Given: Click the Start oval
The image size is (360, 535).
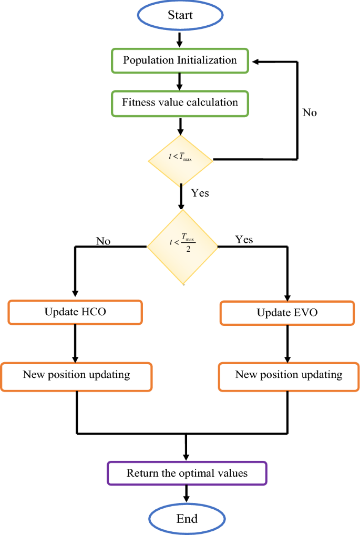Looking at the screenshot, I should coord(180,15).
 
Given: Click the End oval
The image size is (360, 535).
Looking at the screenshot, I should coord(187,519).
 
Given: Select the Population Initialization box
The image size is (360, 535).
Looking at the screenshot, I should coord(180,60).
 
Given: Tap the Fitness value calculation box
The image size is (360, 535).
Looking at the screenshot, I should coord(180,102).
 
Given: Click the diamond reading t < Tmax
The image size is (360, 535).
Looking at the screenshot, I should coord(180,158).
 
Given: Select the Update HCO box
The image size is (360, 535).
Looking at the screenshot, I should coord(75,312).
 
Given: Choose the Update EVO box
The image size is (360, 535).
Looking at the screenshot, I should coord(287,313).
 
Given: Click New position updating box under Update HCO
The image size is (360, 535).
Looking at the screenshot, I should coord(77,375).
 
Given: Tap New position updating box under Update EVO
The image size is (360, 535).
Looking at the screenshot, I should coord(289,375).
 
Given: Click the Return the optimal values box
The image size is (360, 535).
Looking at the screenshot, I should coord(187,473).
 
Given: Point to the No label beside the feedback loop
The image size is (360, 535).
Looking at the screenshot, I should coord(310,112).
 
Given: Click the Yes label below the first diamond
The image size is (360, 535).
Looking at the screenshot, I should coord(200,193).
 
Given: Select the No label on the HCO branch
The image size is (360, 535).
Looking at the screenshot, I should coord(103,241).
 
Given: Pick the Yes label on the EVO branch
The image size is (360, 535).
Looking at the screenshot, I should coord(244,240).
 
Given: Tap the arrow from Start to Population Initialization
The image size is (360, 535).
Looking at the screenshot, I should coord(180,39).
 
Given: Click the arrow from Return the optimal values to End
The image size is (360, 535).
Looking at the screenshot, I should coord(187,494).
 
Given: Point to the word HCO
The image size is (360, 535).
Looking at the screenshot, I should coord(94,312).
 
